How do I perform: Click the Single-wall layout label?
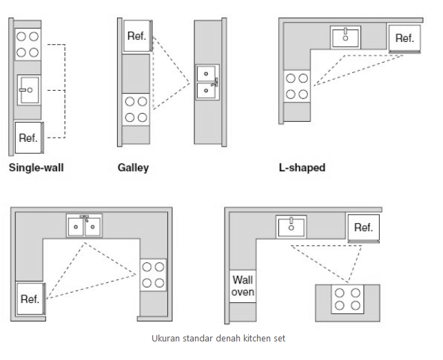click(x=36, y=167)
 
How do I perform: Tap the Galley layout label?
click(x=133, y=167)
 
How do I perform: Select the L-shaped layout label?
click(x=302, y=167)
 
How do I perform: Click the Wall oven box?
click(x=243, y=286)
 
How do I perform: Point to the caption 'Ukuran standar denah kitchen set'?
click(x=218, y=338)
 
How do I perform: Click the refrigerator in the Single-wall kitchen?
click(x=29, y=138)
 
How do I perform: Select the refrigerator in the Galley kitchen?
click(x=137, y=36)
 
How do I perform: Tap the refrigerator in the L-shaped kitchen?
click(x=404, y=39)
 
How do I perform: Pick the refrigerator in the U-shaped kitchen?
click(x=30, y=299)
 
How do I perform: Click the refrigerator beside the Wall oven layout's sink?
click(x=363, y=228)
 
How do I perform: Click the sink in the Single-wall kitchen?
click(x=29, y=90)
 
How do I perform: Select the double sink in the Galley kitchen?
click(x=207, y=82)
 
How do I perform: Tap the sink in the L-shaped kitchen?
click(x=346, y=37)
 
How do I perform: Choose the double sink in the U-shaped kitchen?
click(x=85, y=226)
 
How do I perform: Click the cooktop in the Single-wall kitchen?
click(x=28, y=44)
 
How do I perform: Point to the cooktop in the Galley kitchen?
click(x=136, y=109)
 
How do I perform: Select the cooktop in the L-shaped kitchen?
click(x=297, y=86)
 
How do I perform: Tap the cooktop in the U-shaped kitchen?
click(x=153, y=275)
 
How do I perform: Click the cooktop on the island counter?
click(x=347, y=299)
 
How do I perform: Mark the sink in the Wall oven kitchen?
click(x=291, y=227)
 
